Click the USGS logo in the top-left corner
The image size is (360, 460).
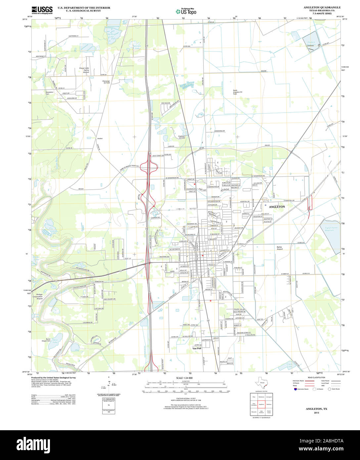(x=42, y=10)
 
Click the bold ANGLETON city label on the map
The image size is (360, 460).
(x=277, y=207)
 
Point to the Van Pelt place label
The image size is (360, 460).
(x=197, y=348)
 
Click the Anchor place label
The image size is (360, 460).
(x=100, y=138)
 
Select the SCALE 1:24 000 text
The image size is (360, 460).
(x=184, y=378)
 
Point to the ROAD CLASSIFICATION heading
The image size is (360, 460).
(x=316, y=378)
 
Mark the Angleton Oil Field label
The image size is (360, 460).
(x=182, y=137)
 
